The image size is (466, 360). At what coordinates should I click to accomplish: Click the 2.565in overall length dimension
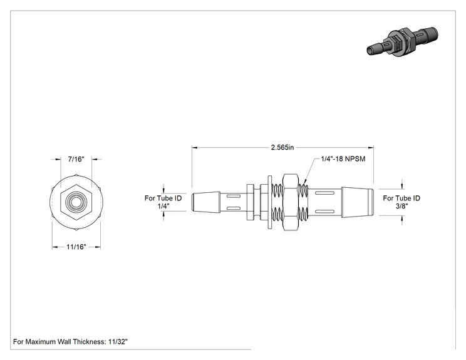tap(282, 147)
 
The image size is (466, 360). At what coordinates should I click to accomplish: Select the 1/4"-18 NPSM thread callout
tap(343, 159)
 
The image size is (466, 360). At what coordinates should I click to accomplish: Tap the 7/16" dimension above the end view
tap(76, 159)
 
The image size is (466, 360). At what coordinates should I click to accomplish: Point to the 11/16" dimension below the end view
tap(76, 247)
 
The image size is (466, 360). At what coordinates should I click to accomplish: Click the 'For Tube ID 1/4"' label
tap(163, 202)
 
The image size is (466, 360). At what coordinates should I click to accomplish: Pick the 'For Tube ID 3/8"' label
tap(401, 202)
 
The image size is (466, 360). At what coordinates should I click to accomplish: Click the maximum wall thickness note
tap(70, 342)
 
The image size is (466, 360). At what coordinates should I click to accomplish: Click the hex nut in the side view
tap(290, 202)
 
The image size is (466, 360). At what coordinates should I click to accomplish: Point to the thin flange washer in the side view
tap(270, 202)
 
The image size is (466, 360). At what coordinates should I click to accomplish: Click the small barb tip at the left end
tap(206, 202)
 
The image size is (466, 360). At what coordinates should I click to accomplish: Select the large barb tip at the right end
tap(358, 202)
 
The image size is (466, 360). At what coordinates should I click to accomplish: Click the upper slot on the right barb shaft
tap(324, 193)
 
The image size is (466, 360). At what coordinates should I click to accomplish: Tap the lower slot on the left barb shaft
tap(234, 208)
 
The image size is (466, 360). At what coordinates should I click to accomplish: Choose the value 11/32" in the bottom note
tap(118, 342)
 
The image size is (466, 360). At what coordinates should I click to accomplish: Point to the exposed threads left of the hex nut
tap(277, 202)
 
